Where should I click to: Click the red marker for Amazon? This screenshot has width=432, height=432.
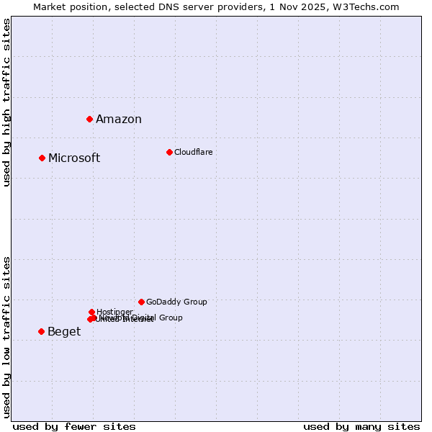[89, 119]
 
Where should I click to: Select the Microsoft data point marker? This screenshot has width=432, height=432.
[42, 158]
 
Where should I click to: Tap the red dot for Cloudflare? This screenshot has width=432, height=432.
[169, 152]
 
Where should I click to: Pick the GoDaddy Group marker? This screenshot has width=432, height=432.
[141, 302]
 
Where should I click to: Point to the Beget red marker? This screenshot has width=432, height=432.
[41, 331]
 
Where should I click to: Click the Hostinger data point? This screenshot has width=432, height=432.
[91, 312]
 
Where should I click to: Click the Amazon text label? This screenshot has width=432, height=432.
[119, 120]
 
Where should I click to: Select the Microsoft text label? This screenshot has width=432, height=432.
[74, 158]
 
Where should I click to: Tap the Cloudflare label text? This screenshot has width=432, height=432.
[194, 152]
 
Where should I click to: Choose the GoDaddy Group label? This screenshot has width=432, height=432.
[176, 302]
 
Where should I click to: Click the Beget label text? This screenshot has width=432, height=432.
[64, 332]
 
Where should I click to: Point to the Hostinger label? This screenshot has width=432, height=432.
[114, 312]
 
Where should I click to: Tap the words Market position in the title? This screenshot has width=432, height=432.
[67, 6]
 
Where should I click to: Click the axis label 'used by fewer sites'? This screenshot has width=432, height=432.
[74, 426]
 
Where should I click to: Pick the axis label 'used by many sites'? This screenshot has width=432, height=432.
[361, 426]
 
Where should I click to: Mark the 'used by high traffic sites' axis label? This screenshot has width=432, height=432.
[6, 102]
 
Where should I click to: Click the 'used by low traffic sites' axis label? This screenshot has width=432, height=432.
[6, 336]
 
